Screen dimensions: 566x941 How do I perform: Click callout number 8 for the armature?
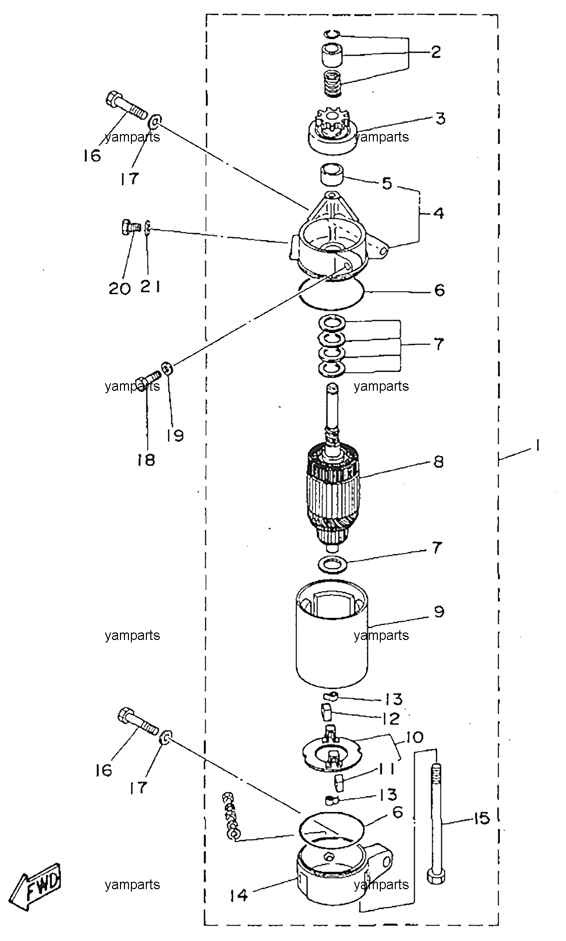coord(438,462)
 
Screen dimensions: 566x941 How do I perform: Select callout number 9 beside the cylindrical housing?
coord(439,612)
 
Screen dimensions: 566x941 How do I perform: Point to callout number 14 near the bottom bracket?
coord(239,896)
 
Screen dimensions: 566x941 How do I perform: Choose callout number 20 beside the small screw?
coord(119,288)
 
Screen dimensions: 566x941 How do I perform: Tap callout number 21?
coord(150,287)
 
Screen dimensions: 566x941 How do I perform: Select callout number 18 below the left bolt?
coord(147,460)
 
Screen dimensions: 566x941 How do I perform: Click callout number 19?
coord(175,436)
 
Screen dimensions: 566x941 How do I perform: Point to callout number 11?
coord(387,769)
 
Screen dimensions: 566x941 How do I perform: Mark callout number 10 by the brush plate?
coord(414,737)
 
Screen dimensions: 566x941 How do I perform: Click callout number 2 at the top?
coord(436,52)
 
